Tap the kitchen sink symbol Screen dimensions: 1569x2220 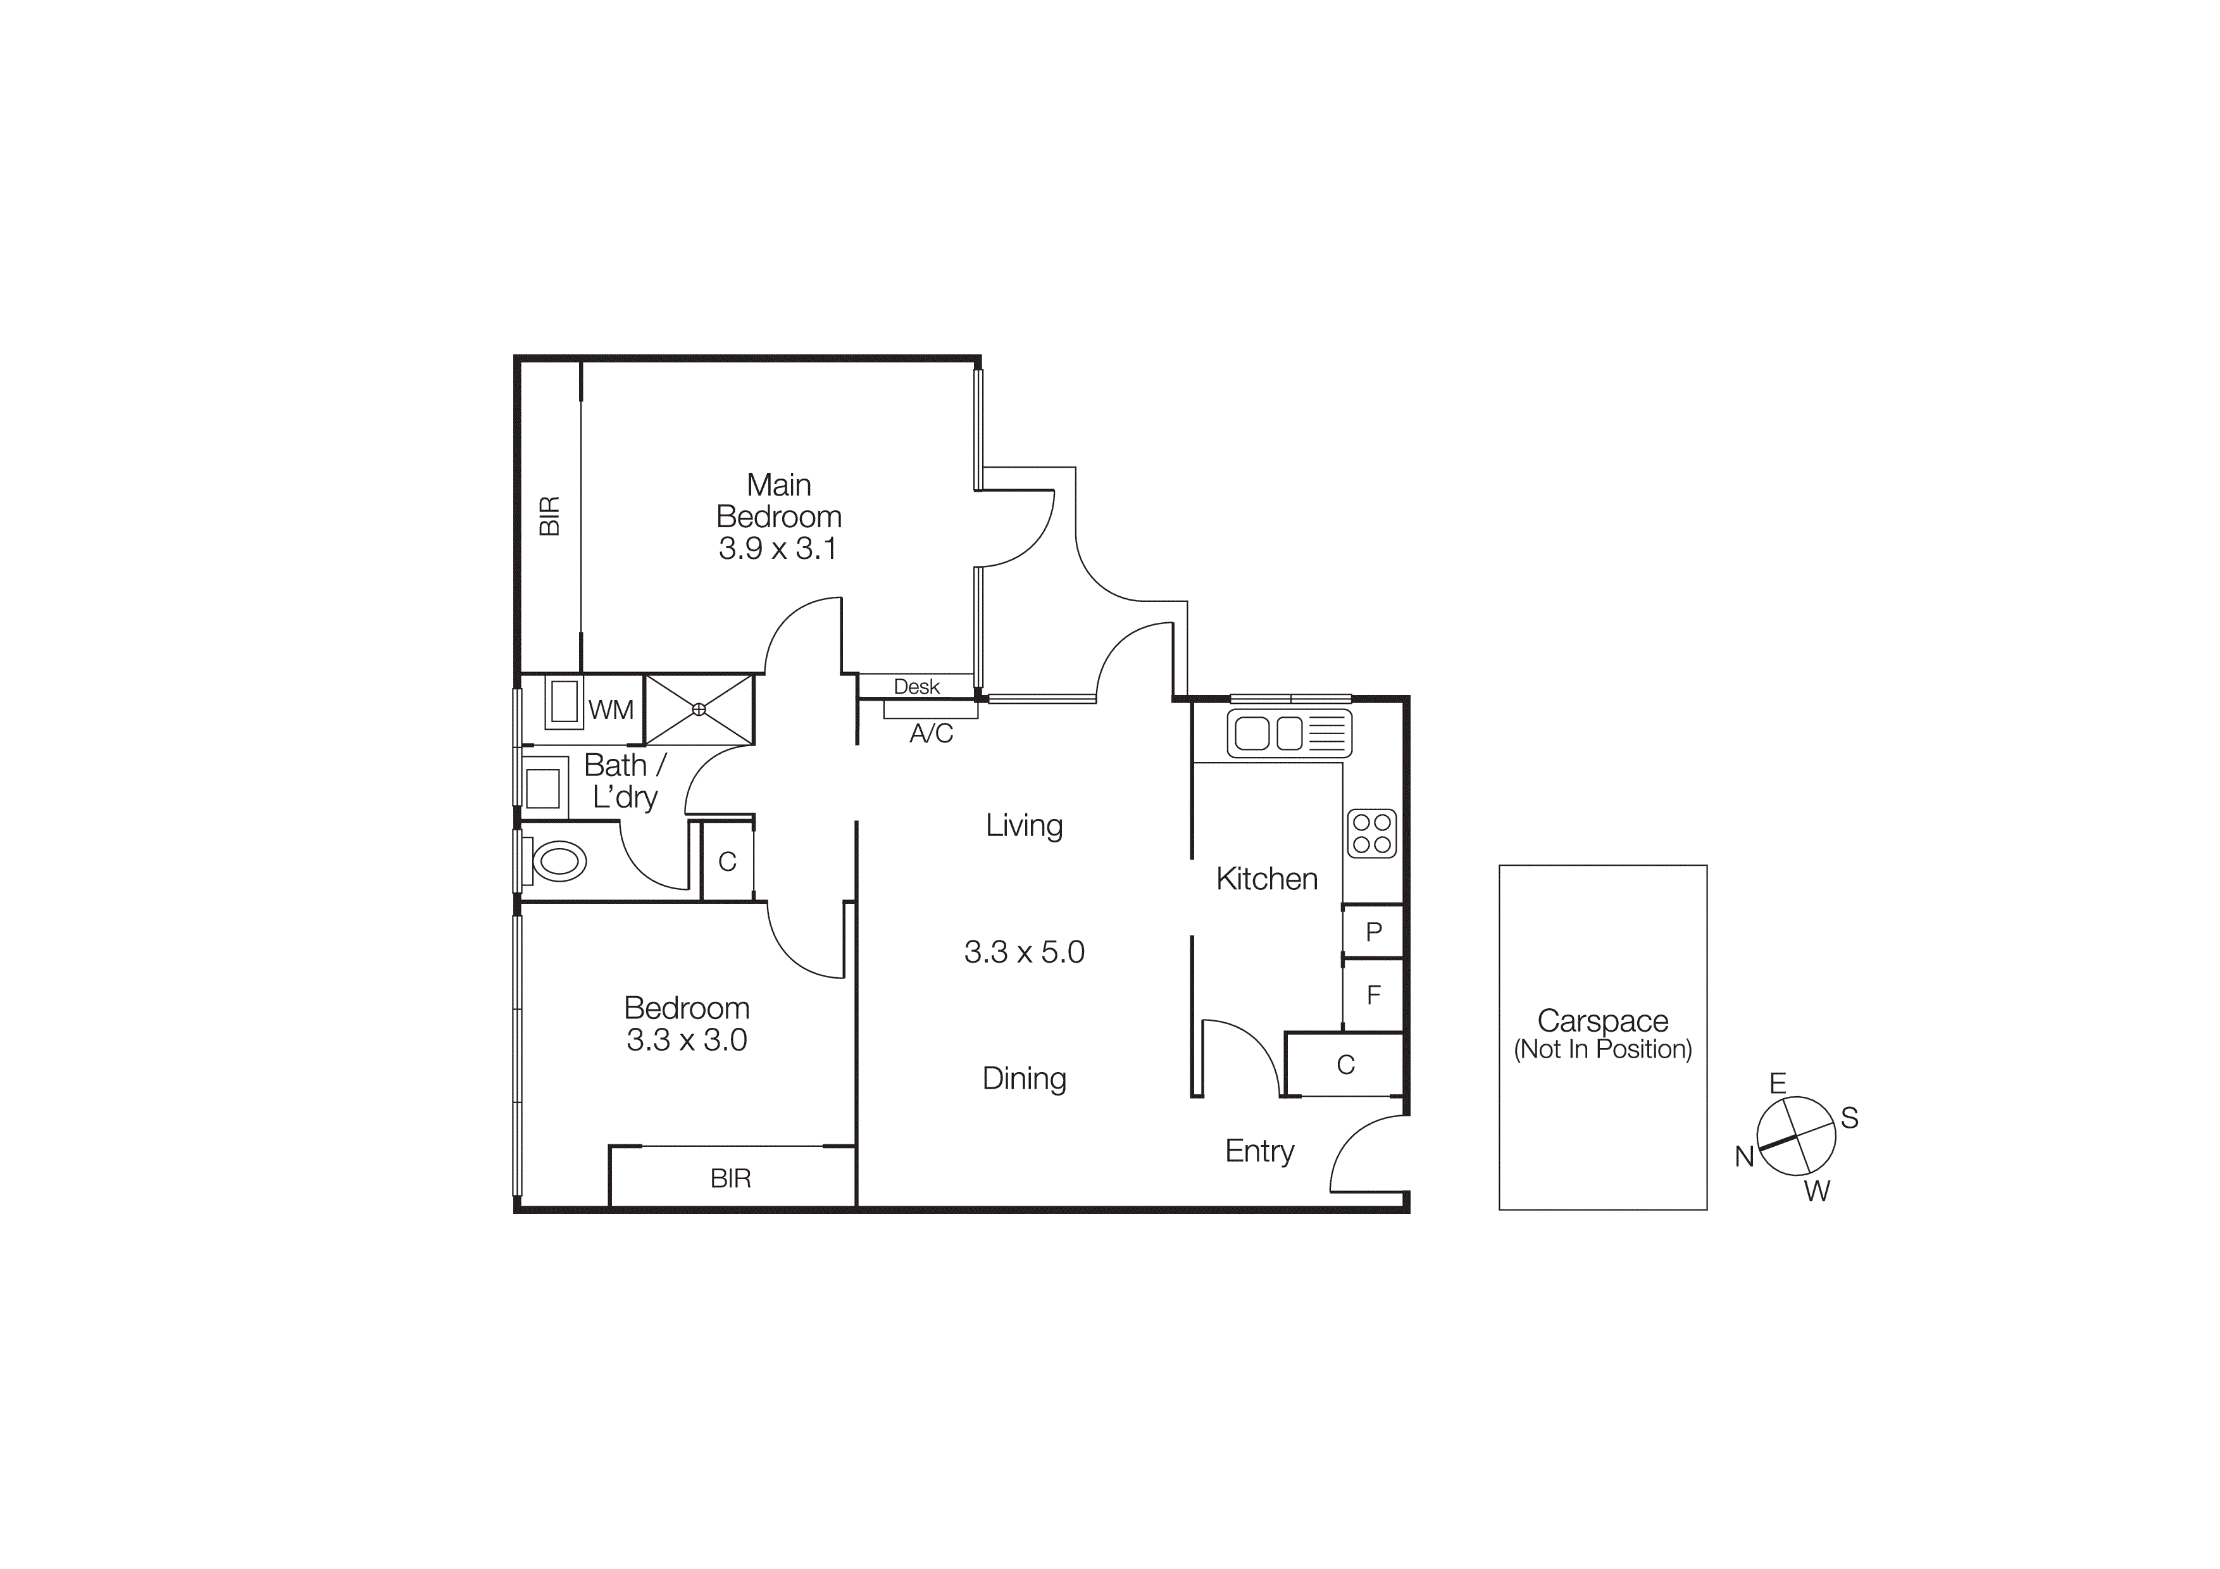1289,733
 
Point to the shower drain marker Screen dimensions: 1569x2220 699,709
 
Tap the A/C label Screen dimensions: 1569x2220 931,734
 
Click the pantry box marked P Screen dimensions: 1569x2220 1373,932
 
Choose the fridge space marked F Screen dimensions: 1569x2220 1373,995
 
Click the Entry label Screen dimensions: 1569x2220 1259,1151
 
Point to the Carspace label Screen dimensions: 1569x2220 1602,1021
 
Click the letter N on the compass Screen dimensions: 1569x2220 1744,1157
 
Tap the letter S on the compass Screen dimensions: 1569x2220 1849,1118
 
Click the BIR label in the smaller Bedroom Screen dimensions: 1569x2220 730,1178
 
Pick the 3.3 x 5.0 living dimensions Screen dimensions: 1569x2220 1024,953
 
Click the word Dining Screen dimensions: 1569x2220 1024,1079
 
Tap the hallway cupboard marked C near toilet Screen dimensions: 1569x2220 727,861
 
